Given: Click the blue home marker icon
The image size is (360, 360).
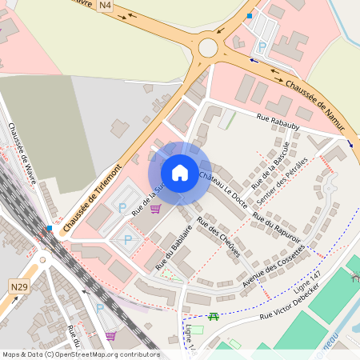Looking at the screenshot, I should pyautogui.click(x=180, y=172).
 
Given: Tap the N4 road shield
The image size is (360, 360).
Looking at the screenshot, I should pyautogui.click(x=106, y=6).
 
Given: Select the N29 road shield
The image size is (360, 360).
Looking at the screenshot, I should pyautogui.click(x=19, y=286).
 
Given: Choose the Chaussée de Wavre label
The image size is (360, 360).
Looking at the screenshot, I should pyautogui.click(x=22, y=153).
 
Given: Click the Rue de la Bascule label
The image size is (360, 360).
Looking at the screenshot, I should pyautogui.click(x=270, y=166).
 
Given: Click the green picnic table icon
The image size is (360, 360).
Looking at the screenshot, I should pyautogui.click(x=214, y=316).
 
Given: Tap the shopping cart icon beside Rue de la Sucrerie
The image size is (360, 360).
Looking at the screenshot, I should pyautogui.click(x=155, y=208).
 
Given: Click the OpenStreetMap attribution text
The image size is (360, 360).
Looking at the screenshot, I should pyautogui.click(x=81, y=354).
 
